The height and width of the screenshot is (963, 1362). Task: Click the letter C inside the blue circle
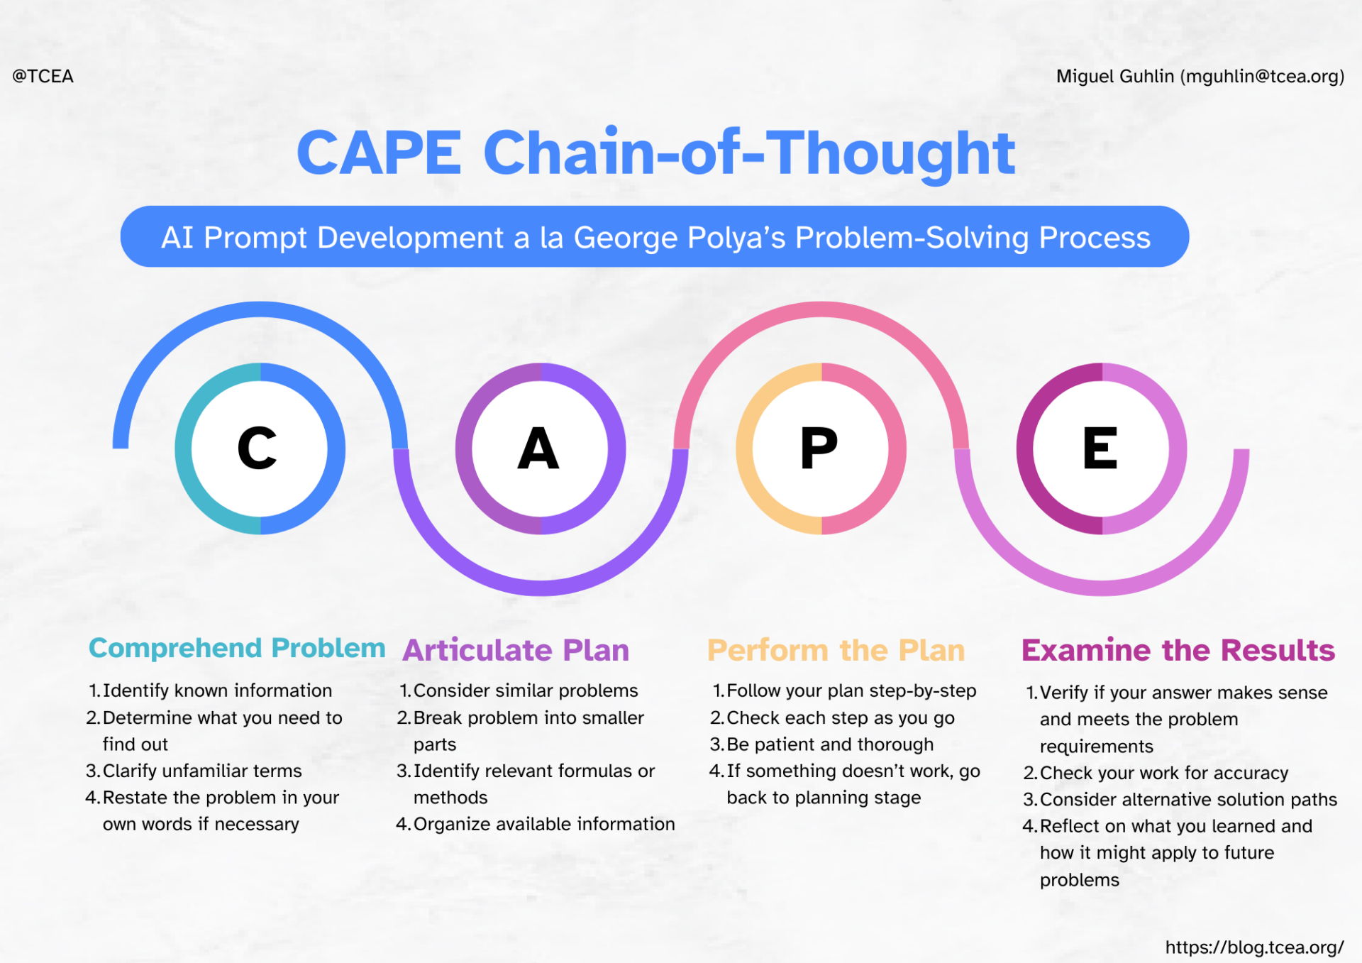pos(257,449)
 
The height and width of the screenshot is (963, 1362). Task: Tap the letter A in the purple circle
pos(538,449)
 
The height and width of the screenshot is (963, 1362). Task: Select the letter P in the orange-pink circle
pos(819,449)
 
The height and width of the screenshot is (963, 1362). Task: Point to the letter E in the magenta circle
pos(1100,449)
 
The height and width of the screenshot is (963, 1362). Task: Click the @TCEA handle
pos(43,76)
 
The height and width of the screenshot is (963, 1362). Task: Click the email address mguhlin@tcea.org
pos(1262,76)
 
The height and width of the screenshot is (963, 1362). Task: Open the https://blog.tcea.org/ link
pos(1254,947)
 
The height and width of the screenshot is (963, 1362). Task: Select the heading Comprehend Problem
pos(237,648)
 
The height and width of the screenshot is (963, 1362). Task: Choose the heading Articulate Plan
pos(516,650)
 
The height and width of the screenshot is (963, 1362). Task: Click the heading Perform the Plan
pos(836,650)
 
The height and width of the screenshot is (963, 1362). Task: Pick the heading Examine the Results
pos(1178,650)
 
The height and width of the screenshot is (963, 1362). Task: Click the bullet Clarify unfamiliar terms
pos(202,771)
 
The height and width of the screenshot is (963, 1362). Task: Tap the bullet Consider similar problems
pos(525,690)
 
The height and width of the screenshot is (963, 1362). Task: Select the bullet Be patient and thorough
pos(830,744)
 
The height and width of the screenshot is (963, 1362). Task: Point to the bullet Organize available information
pos(543,824)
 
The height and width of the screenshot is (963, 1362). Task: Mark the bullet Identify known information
pos(216,690)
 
